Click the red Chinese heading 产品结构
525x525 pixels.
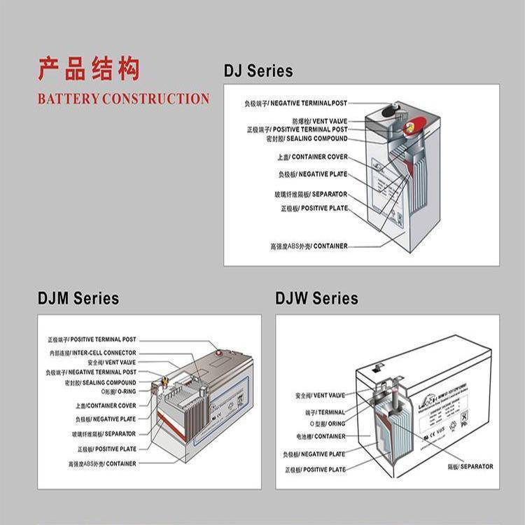click(x=88, y=71)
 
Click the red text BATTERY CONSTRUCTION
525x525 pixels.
click(x=123, y=99)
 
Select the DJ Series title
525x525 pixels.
click(x=258, y=71)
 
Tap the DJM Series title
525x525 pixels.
click(x=78, y=299)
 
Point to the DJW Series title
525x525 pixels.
click(x=316, y=299)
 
